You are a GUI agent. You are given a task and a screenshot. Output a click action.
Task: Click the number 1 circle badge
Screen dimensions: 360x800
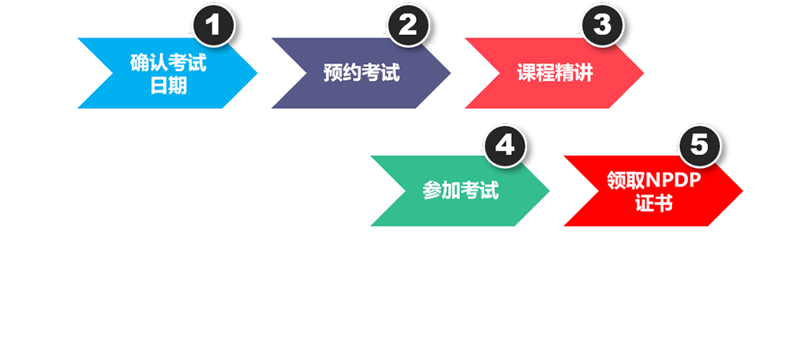[x=214, y=26]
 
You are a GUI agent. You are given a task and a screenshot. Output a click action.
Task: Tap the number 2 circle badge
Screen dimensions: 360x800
[x=408, y=26]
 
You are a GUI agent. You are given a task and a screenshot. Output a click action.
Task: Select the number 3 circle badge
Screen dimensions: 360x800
[x=602, y=26]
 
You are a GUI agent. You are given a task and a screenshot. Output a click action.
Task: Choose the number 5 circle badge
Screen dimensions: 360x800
[x=699, y=146]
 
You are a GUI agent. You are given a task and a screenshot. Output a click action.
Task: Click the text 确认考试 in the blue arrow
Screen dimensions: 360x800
[x=168, y=62]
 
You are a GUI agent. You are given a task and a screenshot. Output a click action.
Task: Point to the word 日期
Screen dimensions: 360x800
[x=168, y=84]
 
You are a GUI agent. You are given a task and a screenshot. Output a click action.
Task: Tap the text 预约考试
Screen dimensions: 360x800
[x=362, y=73]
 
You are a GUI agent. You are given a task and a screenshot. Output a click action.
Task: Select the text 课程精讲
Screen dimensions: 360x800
[x=555, y=73]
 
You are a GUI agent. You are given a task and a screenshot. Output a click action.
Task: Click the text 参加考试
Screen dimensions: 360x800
[x=460, y=192]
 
